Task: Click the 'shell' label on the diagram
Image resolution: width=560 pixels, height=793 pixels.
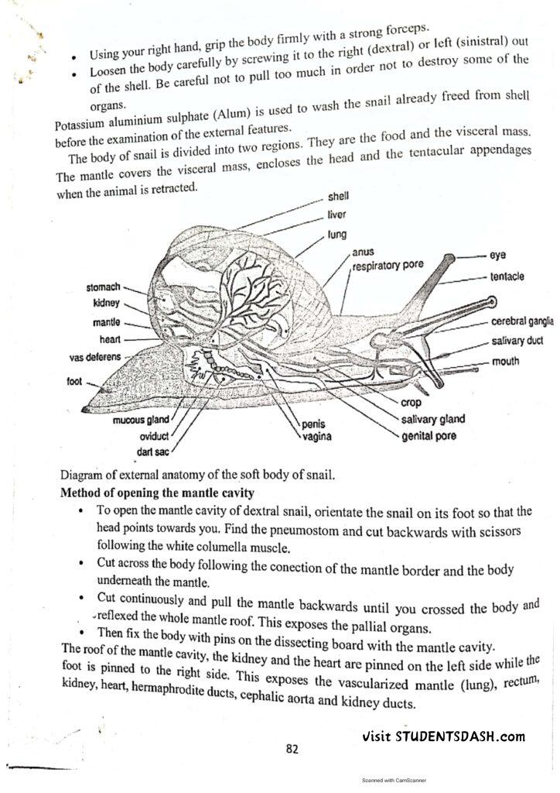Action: pyautogui.click(x=339, y=197)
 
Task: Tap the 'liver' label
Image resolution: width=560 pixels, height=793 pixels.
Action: pyautogui.click(x=337, y=215)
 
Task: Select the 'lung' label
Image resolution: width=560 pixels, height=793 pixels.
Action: pyautogui.click(x=337, y=233)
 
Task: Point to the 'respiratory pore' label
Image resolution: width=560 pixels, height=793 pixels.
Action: pyautogui.click(x=388, y=265)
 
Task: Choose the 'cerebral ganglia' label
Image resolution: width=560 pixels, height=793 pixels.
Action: pyautogui.click(x=523, y=321)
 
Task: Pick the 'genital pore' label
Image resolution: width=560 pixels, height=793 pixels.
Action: pyautogui.click(x=429, y=436)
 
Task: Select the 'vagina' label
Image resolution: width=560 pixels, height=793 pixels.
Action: pyautogui.click(x=317, y=437)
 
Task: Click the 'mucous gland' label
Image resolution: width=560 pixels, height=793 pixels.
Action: pyautogui.click(x=141, y=420)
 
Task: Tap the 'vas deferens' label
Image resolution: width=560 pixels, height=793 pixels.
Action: pyautogui.click(x=94, y=357)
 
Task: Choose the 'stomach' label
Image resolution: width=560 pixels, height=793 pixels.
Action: pyautogui.click(x=103, y=287)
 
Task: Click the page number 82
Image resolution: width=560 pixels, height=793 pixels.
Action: pyautogui.click(x=292, y=749)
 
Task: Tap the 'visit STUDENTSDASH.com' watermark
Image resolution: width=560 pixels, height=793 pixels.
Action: pyautogui.click(x=444, y=736)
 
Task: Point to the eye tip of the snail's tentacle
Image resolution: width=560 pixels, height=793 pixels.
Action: pyautogui.click(x=448, y=257)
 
